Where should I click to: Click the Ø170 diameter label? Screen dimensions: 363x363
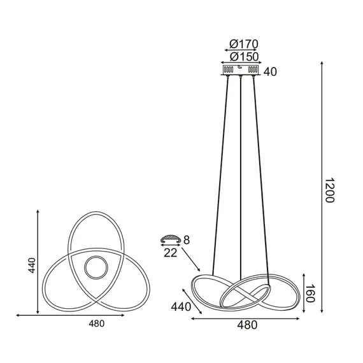click(x=241, y=44)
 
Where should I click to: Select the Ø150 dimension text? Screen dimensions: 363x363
click(x=241, y=57)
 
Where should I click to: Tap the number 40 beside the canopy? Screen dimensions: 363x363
click(x=270, y=71)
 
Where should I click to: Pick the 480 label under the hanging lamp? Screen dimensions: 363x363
click(x=246, y=325)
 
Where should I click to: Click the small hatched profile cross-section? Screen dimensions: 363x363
click(x=169, y=239)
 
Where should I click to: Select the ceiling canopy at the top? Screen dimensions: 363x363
click(x=241, y=69)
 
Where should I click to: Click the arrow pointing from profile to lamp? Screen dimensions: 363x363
click(x=191, y=260)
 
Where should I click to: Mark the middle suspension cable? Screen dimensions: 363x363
click(x=241, y=178)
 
